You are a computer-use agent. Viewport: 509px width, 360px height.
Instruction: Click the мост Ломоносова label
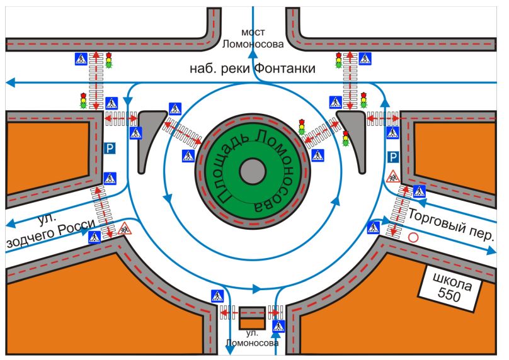pos(253,38)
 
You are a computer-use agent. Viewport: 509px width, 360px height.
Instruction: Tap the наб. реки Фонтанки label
pos(253,69)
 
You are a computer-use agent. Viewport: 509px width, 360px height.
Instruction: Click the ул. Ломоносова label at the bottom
pos(253,337)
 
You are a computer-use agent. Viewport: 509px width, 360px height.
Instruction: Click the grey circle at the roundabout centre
pos(253,170)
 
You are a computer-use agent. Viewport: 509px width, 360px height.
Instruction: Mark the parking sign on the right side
pos(393,156)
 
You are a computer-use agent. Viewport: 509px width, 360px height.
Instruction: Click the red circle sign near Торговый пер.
pos(414,238)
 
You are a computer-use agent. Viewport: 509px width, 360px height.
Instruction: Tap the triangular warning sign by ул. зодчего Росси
pos(124,228)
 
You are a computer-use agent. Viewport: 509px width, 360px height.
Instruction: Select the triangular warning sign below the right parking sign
pos(393,176)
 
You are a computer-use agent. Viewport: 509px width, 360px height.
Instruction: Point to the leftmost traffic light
pos(83,101)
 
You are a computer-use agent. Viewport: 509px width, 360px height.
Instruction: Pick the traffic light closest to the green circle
pos(302,125)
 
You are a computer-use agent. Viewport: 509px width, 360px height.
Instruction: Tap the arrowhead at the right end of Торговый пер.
pos(493,250)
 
